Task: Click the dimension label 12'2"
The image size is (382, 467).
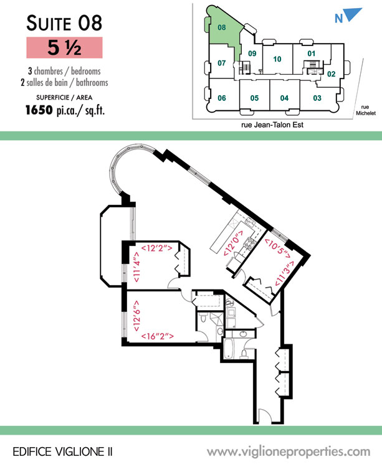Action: click(x=156, y=248)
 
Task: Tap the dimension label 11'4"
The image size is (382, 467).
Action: click(x=136, y=267)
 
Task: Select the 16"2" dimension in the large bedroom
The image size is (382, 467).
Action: click(x=157, y=336)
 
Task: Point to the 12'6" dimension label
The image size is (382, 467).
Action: click(x=136, y=316)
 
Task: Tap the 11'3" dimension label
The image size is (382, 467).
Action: click(x=284, y=274)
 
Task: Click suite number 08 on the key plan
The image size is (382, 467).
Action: click(x=222, y=27)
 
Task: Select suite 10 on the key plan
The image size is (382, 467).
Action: click(x=277, y=59)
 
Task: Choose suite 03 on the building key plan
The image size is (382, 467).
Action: click(x=317, y=98)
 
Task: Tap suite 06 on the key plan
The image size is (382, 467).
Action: click(x=222, y=98)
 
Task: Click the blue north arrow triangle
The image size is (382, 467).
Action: click(x=353, y=14)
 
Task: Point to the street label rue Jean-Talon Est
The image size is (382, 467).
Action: click(x=272, y=125)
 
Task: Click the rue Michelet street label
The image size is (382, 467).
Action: click(x=366, y=110)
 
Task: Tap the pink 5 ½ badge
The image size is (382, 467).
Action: click(x=64, y=48)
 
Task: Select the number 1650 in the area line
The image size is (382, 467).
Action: click(x=39, y=110)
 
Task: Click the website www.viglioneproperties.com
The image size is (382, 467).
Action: click(x=289, y=452)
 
